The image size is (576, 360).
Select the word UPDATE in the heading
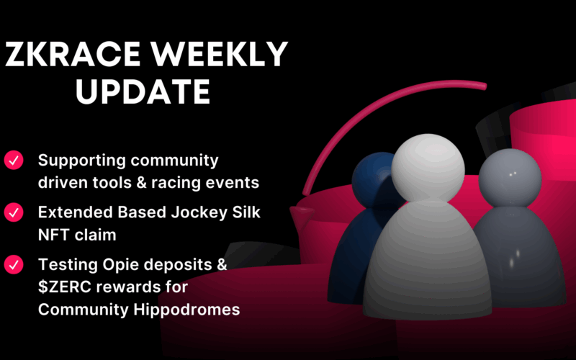(143, 91)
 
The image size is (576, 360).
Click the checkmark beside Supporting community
(14, 160)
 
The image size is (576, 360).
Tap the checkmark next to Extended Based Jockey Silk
(14, 212)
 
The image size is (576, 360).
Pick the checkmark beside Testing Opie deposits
(14, 264)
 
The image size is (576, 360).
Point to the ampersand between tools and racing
(141, 183)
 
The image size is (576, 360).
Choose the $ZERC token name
(64, 287)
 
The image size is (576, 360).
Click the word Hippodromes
(186, 310)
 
